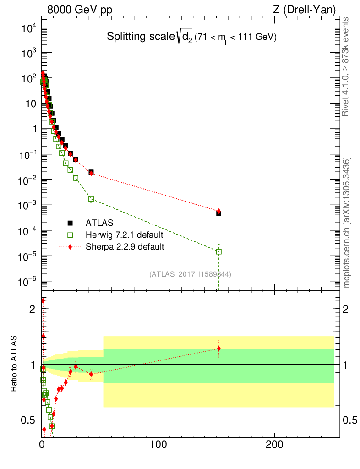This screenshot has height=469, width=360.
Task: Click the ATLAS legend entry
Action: (97, 223)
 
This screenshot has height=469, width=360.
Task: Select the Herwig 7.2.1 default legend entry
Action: (124, 235)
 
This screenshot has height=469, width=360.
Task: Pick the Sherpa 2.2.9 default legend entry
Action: (125, 247)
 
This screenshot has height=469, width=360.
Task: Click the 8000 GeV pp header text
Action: (80, 10)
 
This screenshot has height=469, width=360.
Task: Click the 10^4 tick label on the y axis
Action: (29, 28)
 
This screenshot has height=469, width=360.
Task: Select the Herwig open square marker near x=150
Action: (219, 251)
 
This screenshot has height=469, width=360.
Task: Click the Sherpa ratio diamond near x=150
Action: (219, 349)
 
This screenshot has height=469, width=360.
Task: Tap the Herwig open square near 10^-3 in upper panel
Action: (91, 199)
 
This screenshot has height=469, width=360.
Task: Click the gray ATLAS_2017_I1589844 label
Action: (190, 274)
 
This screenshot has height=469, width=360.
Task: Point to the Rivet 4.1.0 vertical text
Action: (346, 66)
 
